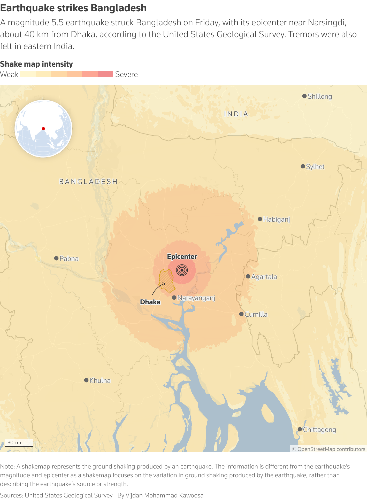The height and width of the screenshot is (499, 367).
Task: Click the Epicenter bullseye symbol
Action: pyautogui.click(x=182, y=270)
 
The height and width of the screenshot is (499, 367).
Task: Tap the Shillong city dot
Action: pyautogui.click(x=304, y=96)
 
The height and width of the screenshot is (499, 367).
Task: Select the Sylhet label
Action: pyautogui.click(x=315, y=167)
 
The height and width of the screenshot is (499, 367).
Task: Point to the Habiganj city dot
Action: pyautogui.click(x=260, y=219)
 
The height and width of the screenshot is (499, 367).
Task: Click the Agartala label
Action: pyautogui.click(x=264, y=277)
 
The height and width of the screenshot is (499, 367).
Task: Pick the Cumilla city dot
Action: pyautogui.click(x=241, y=314)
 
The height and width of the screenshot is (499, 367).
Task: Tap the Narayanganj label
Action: pyautogui.click(x=196, y=298)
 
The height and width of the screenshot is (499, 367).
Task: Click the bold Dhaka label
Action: pyautogui.click(x=150, y=302)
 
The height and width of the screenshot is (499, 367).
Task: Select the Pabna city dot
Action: pyautogui.click(x=56, y=258)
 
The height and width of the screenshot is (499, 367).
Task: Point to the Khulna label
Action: pyautogui.click(x=100, y=380)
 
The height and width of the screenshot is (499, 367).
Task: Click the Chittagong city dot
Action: pyautogui.click(x=300, y=429)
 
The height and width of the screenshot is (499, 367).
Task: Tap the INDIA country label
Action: pyautogui.click(x=236, y=114)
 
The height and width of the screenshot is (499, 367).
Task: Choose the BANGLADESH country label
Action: pyautogui.click(x=88, y=182)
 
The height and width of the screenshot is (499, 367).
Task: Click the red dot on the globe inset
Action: pyautogui.click(x=43, y=129)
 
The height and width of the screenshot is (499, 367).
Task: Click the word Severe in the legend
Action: pyautogui.click(x=126, y=74)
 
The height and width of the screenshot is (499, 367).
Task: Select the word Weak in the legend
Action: pyautogui.click(x=9, y=74)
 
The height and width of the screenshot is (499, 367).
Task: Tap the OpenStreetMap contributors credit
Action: pyautogui.click(x=328, y=449)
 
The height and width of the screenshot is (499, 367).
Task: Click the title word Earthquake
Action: pyautogui.click(x=27, y=8)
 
